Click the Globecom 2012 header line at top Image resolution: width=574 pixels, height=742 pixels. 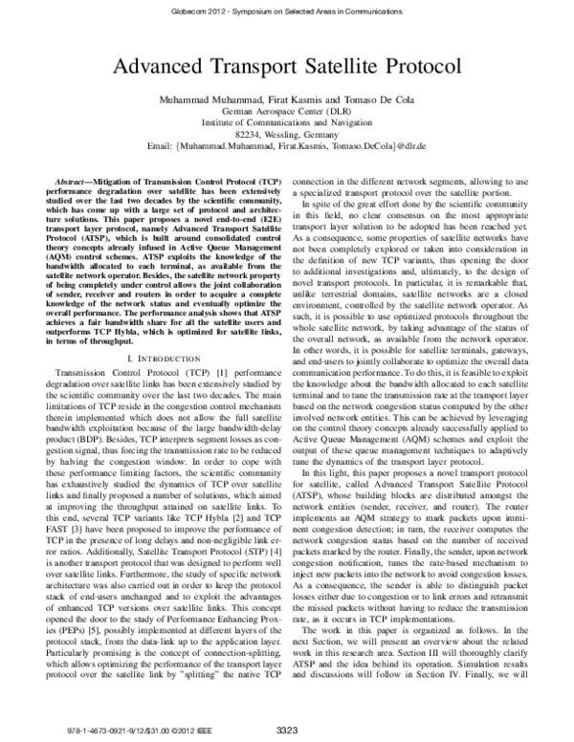pyautogui.click(x=288, y=10)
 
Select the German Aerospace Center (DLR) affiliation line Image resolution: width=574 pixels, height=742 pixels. pyautogui.click(x=288, y=111)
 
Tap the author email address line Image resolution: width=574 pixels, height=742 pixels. pyautogui.click(x=288, y=148)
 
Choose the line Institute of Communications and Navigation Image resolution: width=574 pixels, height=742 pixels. pyautogui.click(x=288, y=123)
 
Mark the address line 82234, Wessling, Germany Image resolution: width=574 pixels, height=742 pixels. pyautogui.click(x=288, y=136)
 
